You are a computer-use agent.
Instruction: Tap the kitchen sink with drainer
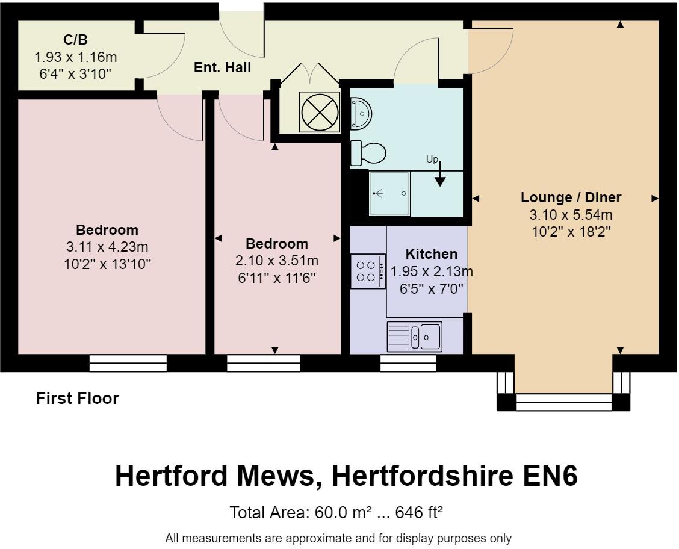point(415,337)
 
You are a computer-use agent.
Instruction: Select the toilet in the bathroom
point(368,153)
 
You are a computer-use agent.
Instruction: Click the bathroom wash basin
point(361,113)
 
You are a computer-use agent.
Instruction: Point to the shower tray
point(389,194)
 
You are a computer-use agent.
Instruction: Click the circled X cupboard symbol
point(320,113)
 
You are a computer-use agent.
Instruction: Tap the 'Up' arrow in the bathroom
point(440,175)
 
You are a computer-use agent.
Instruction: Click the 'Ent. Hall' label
point(222,68)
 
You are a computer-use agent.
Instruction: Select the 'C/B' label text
point(75,40)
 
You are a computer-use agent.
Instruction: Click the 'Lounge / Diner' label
point(571,197)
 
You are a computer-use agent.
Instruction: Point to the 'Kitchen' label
point(431,254)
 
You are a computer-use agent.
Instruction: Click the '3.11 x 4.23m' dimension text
point(107,247)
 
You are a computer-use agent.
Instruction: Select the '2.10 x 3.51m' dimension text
point(276,261)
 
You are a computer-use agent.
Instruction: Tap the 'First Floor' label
point(78,398)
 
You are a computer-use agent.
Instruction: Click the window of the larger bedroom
point(128,363)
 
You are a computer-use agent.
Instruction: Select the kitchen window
point(408,363)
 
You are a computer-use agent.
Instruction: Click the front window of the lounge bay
point(563,402)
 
